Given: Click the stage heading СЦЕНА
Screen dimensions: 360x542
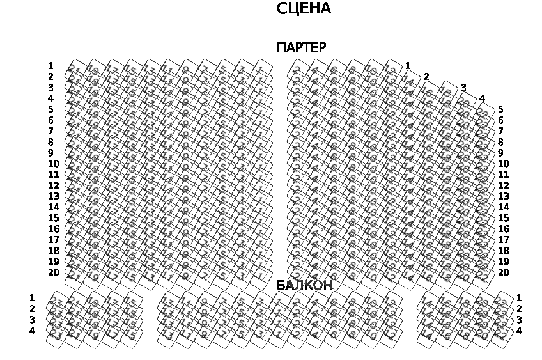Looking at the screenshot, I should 304,9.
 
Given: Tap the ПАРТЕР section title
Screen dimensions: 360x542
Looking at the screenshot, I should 301,48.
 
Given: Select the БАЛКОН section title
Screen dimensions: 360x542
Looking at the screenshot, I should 304,286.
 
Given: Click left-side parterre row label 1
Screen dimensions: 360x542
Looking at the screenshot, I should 50,66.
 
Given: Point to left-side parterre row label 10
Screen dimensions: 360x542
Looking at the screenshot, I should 53,164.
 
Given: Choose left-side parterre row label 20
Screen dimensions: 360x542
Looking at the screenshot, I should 53,272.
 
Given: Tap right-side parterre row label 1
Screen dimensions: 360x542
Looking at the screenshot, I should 408,66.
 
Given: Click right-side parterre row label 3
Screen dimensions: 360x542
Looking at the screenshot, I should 463,88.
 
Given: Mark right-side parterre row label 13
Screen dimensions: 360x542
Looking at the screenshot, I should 504,196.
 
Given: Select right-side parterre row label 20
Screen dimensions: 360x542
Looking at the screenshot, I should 504,272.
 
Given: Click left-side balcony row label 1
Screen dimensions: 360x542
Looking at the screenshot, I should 32,298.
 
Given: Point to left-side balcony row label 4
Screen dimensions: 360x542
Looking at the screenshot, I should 32,331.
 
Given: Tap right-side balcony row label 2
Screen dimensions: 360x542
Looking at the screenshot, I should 519,309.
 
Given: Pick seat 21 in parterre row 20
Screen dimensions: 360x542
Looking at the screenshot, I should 75,276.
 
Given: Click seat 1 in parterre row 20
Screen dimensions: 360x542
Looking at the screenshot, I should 259,276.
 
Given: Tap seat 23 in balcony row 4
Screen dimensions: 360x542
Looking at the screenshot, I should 56,334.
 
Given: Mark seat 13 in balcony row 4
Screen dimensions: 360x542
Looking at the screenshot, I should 168,334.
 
